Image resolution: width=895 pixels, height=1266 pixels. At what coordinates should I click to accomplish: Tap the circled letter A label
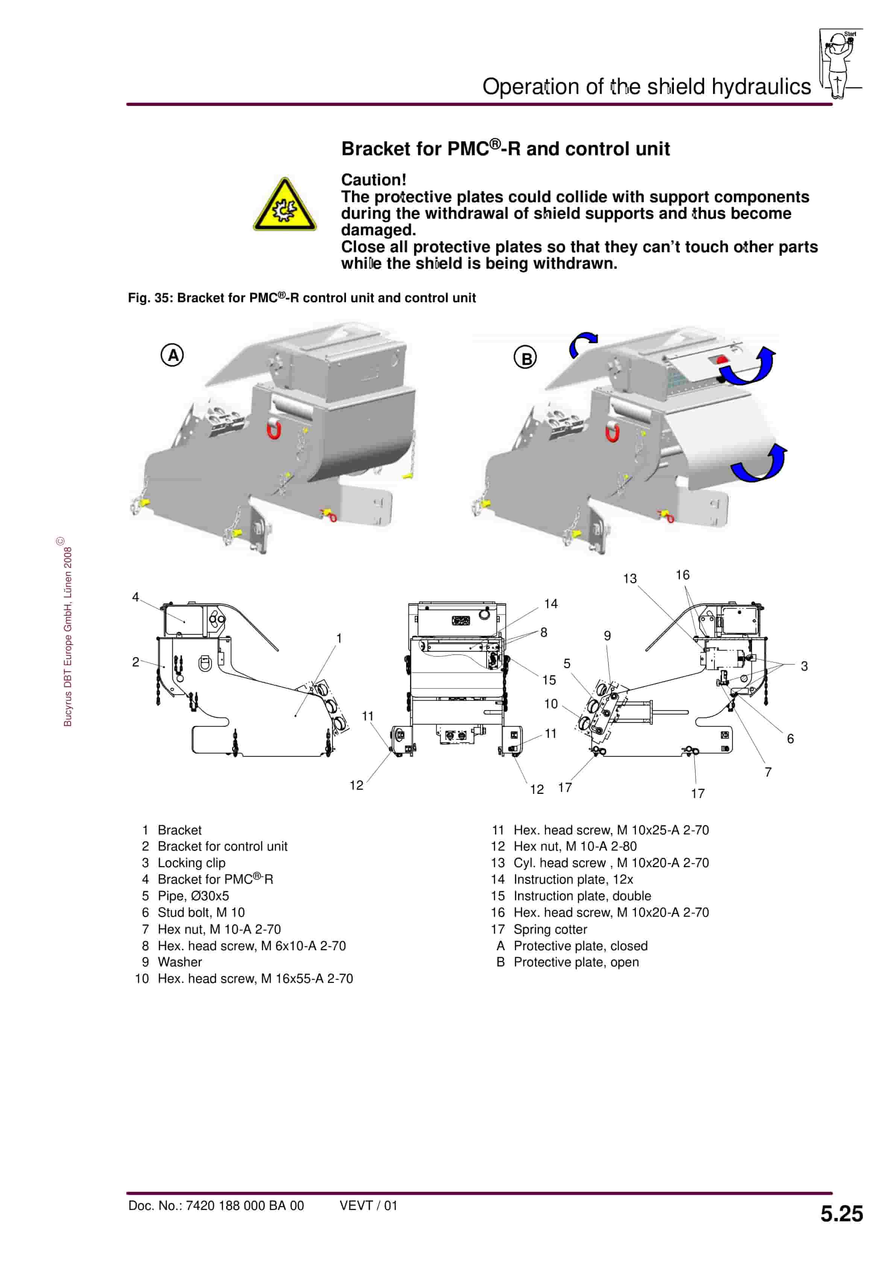coord(172,355)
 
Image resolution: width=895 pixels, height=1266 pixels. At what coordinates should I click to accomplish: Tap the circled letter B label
coord(525,358)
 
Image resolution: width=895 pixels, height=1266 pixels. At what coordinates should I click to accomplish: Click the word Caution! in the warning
coord(373,180)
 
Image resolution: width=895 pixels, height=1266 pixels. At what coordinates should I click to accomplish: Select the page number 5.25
coord(841,1214)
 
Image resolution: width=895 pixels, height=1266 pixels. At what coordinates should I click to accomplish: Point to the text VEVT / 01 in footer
coord(368,1205)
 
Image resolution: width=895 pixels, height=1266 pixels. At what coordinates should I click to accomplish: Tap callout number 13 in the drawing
coord(630,579)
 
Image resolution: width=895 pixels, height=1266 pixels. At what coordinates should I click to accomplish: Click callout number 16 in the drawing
coord(683,575)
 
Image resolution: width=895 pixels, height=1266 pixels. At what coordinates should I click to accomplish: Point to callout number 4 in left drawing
coord(135,597)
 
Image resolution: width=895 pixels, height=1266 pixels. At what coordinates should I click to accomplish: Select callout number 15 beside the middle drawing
coord(549,680)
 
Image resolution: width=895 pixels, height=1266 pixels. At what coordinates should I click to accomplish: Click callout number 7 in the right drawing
coord(768,772)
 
